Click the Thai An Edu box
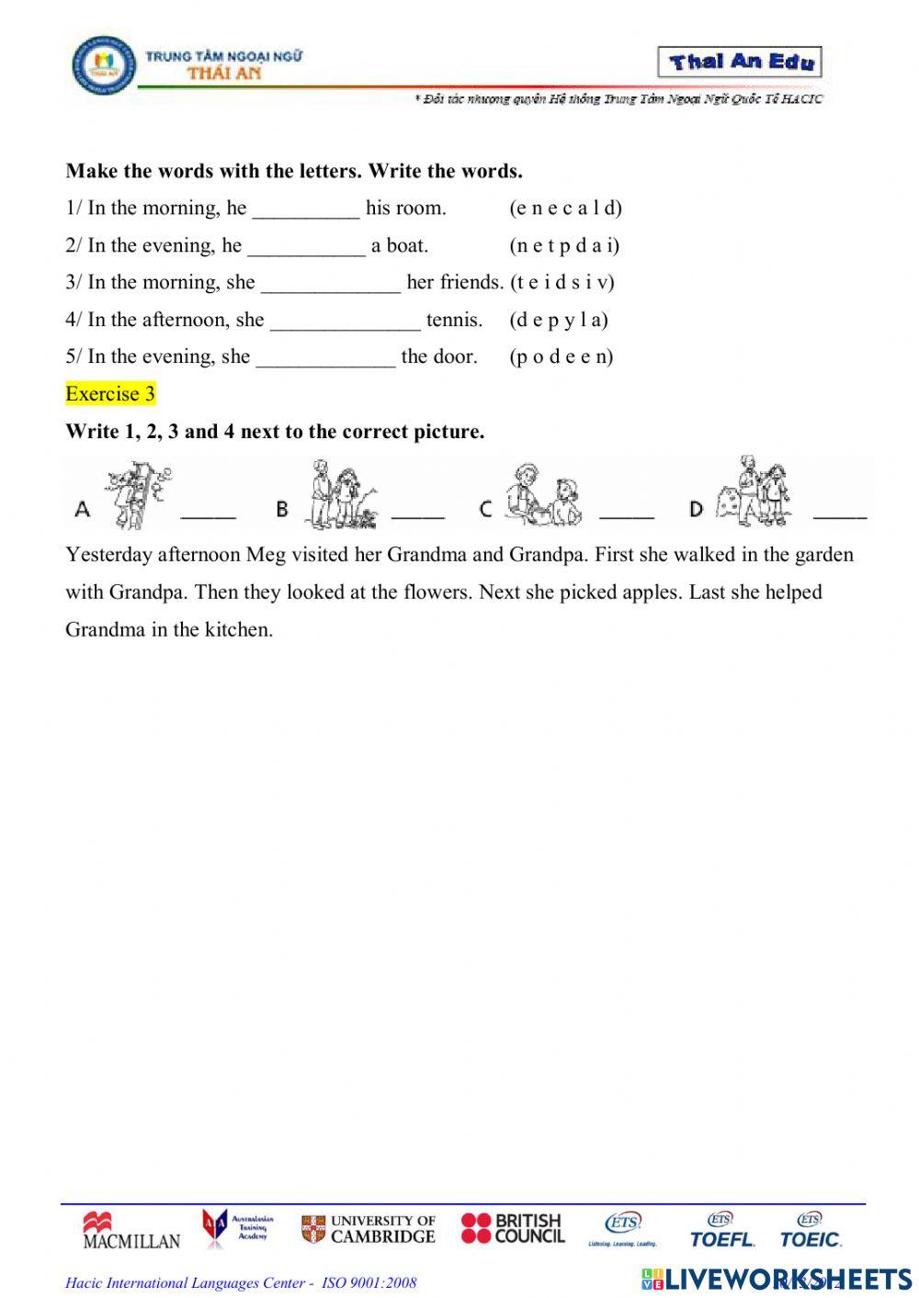[740, 62]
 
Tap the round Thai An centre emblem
[103, 65]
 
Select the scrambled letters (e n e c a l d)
[565, 208]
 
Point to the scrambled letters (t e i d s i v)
[562, 282]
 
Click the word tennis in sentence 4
[454, 320]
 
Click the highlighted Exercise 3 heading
[110, 394]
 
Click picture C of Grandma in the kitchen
[543, 496]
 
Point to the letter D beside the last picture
[697, 508]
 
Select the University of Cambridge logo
[369, 1229]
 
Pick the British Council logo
[513, 1228]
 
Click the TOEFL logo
[722, 1231]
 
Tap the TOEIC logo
[810, 1231]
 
